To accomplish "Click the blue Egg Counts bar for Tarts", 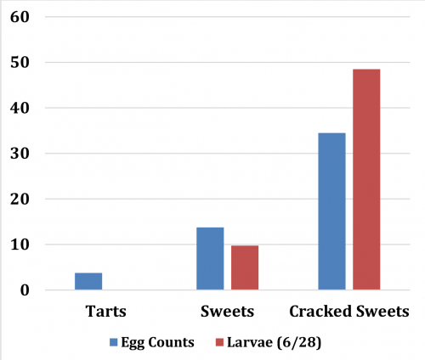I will click(88, 282).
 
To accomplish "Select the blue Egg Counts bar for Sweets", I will click(210, 259).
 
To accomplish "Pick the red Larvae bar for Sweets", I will click(245, 268).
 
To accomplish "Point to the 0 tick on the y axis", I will click(24, 290).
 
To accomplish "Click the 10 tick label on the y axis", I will click(19, 245).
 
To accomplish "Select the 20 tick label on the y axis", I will click(19, 200).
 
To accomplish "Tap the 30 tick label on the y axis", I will click(19, 154).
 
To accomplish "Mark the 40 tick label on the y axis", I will click(19, 109).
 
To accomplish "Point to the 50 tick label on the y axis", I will click(19, 63).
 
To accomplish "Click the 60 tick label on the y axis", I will click(19, 17).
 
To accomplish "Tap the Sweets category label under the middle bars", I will click(227, 311).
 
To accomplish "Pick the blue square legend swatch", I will click(114, 342).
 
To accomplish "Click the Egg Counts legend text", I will click(158, 342).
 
